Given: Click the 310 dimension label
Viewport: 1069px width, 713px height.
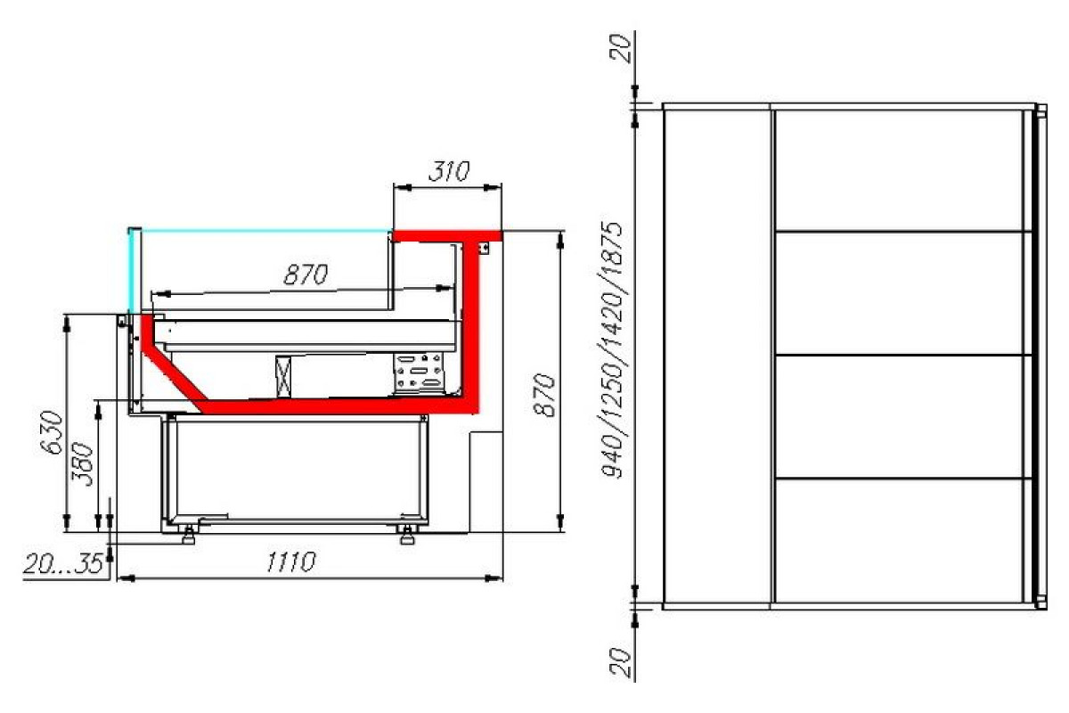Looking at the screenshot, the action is (449, 171).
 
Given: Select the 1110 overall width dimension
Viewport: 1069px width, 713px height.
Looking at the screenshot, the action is (290, 561).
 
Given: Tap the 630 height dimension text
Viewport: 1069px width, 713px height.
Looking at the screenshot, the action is (51, 432).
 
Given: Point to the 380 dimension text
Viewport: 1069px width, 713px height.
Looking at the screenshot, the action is (82, 464).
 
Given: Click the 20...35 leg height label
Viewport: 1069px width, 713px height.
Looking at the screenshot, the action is (62, 564).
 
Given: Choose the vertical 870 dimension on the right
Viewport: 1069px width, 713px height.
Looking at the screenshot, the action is (544, 396).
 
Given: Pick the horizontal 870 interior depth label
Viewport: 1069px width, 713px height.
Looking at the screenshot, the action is (306, 275).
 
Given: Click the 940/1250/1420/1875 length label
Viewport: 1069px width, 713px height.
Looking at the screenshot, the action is (611, 350).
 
